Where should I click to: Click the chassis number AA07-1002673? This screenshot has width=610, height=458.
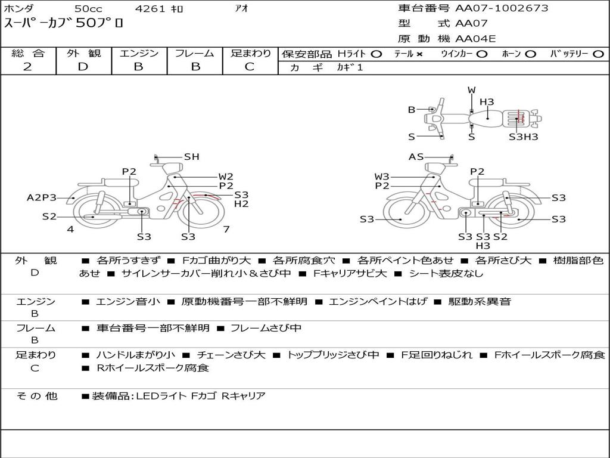(502, 8)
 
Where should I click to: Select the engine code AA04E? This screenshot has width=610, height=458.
(475, 39)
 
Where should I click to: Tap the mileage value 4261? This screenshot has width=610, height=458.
(150, 8)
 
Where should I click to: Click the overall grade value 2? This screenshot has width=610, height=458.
(27, 67)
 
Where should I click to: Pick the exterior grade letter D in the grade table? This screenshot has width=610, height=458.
(83, 67)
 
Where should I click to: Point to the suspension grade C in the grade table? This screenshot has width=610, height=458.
(250, 67)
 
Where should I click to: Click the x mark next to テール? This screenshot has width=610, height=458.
(419, 54)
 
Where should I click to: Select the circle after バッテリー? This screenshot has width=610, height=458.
(598, 54)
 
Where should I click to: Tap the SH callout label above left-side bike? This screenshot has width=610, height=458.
(191, 157)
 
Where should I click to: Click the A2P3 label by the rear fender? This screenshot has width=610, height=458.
(42, 198)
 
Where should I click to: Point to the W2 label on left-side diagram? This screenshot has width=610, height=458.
(226, 177)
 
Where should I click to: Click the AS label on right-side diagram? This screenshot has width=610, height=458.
(416, 157)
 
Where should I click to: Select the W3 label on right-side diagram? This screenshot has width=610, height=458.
(382, 177)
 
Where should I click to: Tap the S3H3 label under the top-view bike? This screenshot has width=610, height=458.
(523, 137)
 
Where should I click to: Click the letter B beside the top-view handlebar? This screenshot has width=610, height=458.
(412, 110)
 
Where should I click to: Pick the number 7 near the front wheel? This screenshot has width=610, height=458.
(226, 229)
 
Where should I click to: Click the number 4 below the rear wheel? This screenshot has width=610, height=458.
(70, 229)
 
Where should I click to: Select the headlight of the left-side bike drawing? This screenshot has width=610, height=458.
(173, 169)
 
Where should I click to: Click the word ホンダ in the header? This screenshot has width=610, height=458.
(18, 8)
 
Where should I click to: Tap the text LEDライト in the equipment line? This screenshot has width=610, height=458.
(161, 396)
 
